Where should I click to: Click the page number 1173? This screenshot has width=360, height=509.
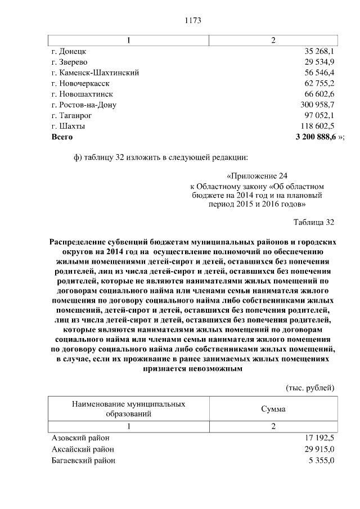(193, 21)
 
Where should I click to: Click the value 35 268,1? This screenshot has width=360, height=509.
(319, 51)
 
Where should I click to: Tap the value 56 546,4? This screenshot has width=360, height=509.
(319, 73)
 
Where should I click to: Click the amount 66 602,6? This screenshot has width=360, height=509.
(319, 94)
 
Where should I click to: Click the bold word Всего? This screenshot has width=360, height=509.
(62, 137)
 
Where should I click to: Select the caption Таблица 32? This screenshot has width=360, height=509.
(314, 222)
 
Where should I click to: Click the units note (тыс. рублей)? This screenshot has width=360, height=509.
(310, 388)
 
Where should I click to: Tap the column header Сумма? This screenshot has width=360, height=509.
(273, 409)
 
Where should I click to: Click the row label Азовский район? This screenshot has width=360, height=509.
(80, 439)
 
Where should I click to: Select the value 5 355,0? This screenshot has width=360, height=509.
(322, 460)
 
